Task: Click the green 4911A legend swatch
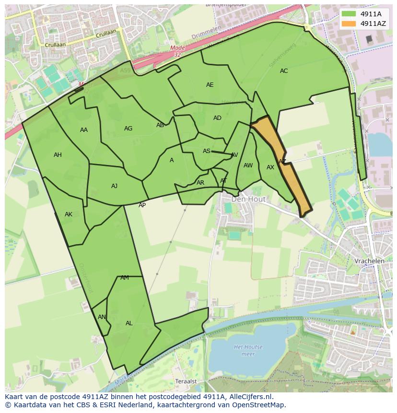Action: tap(350, 14)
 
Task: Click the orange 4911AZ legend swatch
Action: tap(350, 23)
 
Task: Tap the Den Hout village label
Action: tap(247, 199)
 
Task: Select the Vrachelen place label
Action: tap(369, 261)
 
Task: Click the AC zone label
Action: tap(284, 71)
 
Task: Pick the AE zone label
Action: tap(210, 85)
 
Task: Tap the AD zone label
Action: tap(217, 118)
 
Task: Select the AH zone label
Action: tap(58, 155)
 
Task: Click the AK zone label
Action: tap(69, 214)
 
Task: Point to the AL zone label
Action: tap(129, 323)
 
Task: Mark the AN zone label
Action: tap(102, 317)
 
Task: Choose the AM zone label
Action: tap(125, 278)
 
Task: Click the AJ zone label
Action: tap(114, 186)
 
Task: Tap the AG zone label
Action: tap(128, 129)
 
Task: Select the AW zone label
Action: tap(248, 165)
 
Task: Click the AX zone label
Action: tap(270, 167)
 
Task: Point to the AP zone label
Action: tap(142, 205)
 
